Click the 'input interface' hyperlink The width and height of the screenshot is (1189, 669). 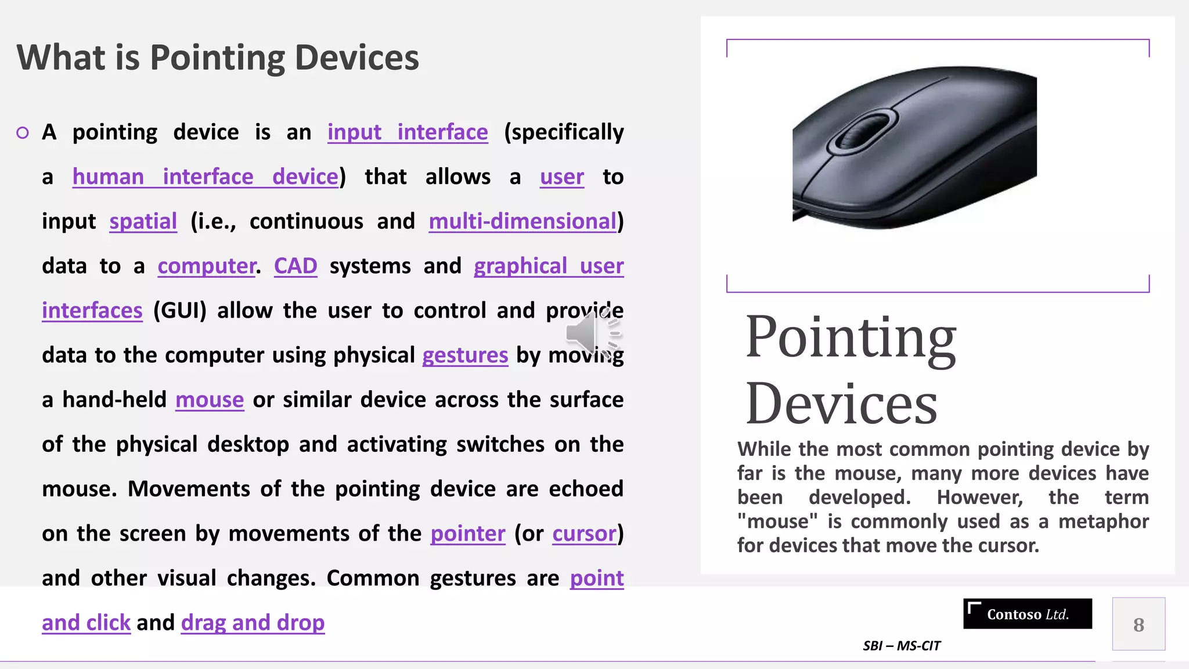point(408,132)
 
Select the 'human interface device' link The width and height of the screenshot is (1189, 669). point(206,177)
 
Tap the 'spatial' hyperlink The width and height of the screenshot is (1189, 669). point(143,222)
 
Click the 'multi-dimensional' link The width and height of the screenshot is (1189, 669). point(523,222)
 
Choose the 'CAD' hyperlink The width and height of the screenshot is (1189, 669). point(296,266)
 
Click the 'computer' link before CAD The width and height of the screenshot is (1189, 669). point(206,267)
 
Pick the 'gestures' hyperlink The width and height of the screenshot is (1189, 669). point(465,355)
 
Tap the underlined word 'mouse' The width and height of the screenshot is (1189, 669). point(210,400)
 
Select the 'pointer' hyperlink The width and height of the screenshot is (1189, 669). point(468,534)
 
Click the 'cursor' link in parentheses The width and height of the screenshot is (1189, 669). point(584,534)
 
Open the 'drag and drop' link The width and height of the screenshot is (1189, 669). point(253,623)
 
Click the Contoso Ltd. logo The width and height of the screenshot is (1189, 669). point(1027,614)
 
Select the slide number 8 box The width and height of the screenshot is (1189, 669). point(1138,624)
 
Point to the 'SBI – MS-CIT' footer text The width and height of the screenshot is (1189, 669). point(901,646)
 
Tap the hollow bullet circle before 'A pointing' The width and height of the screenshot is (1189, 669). point(23,133)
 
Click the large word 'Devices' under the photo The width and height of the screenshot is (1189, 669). point(841,404)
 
